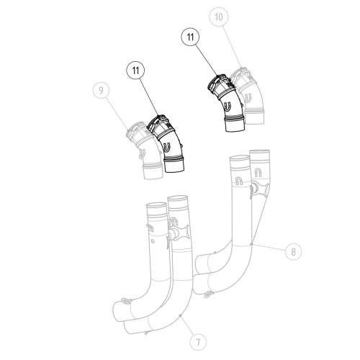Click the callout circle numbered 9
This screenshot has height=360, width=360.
[104, 91]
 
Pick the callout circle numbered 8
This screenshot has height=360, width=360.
[292, 251]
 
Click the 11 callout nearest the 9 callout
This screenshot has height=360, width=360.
[135, 71]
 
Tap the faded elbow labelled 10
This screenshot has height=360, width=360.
[248, 94]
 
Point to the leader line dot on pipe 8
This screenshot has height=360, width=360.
[251, 246]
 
